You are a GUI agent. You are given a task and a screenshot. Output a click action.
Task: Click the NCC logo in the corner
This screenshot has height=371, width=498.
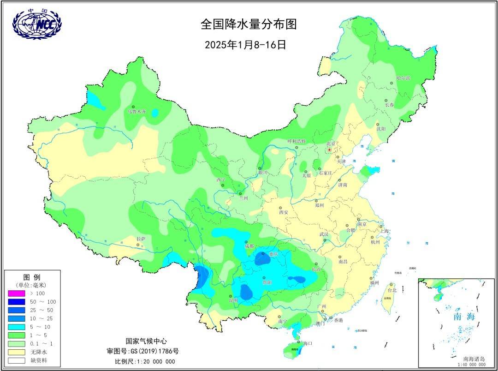[x=37, y=24]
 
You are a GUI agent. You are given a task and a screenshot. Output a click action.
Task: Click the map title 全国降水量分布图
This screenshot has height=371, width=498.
[x=249, y=24]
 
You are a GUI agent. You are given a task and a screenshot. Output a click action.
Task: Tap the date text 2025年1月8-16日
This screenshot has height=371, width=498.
[x=246, y=45]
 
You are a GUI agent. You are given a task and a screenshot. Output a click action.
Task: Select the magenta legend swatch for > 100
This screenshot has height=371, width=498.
[x=16, y=293]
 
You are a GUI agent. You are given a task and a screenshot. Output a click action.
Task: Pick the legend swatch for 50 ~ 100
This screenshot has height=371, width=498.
[x=16, y=301]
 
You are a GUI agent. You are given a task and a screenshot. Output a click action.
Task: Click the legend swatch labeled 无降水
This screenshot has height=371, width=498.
[x=16, y=352]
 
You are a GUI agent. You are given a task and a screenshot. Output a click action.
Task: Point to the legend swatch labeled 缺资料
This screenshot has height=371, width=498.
[x=16, y=360]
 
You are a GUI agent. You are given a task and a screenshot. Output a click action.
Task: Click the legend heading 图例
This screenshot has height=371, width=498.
[x=31, y=277]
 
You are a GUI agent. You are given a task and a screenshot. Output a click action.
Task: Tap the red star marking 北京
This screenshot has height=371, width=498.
[x=329, y=150]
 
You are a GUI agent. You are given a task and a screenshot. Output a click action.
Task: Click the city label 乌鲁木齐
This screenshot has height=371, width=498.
[x=137, y=112]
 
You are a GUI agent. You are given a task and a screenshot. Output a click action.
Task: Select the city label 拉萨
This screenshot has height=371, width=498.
[x=141, y=239]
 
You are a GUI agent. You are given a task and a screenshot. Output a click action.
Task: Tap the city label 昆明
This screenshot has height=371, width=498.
[x=234, y=300]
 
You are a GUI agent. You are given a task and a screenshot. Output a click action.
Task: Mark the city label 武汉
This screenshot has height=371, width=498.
[x=324, y=234]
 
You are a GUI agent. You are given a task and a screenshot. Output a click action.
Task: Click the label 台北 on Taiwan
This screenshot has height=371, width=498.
[x=392, y=291]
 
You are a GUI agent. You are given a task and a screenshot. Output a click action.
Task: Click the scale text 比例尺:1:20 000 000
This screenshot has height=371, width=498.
[x=145, y=361]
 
